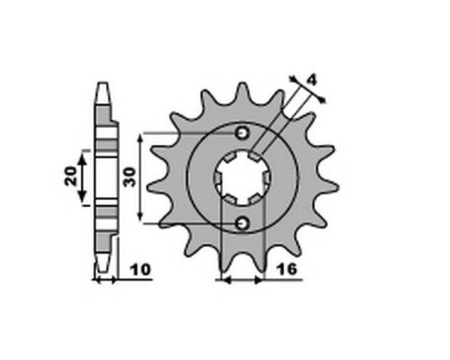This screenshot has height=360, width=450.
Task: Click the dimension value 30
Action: [130, 177]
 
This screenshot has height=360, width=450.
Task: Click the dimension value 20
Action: [71, 176]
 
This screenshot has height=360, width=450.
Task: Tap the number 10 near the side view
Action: [140, 270]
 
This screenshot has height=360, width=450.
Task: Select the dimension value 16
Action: [287, 269]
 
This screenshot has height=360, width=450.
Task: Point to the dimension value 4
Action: [312, 80]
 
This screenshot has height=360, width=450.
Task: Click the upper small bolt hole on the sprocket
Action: [242, 133]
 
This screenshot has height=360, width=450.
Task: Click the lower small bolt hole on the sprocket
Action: [242, 223]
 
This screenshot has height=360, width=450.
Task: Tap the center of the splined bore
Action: [242, 178]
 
